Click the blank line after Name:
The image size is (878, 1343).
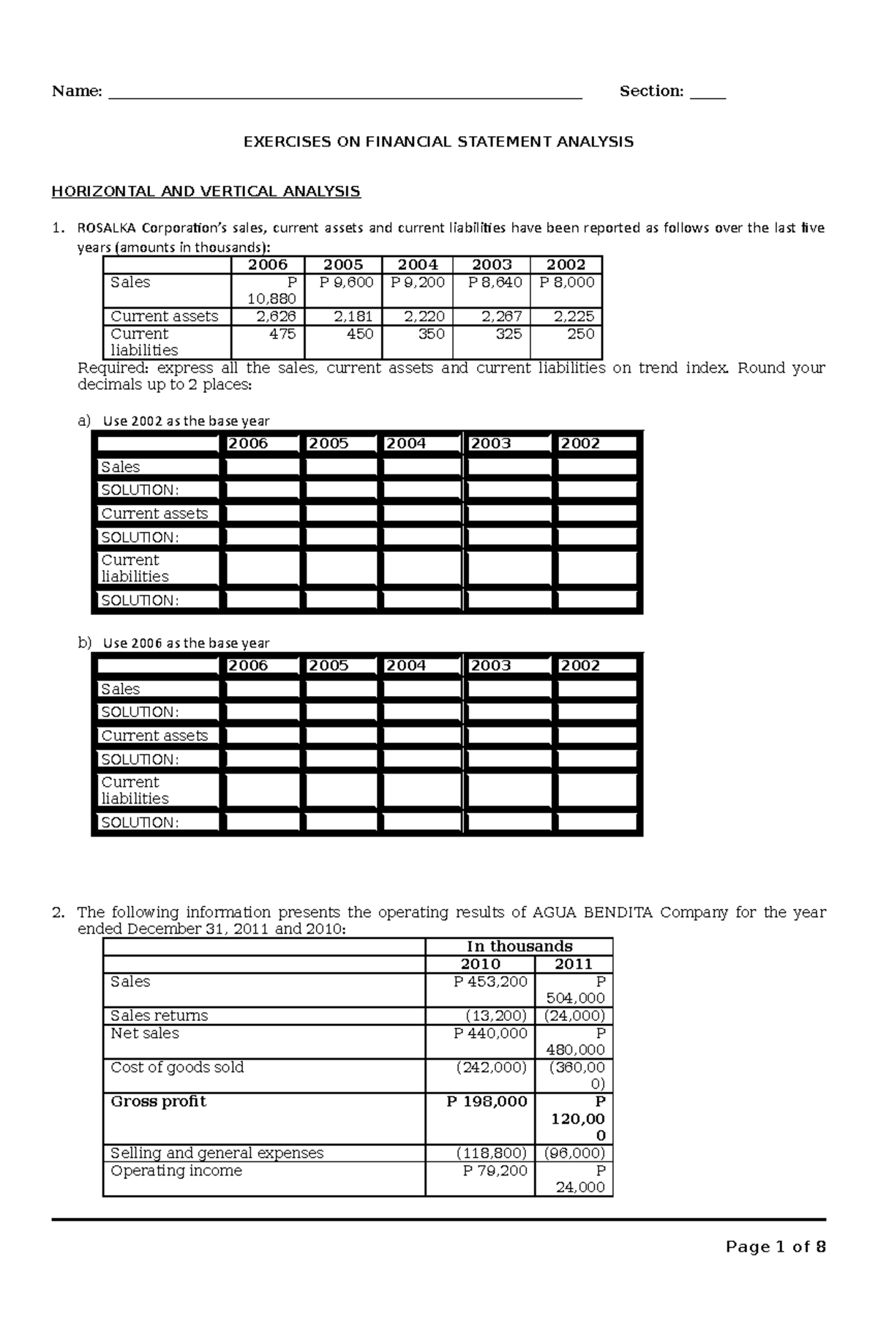coord(344,94)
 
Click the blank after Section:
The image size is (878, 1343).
coord(708,94)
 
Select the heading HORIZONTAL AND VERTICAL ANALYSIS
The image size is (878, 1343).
coord(206,192)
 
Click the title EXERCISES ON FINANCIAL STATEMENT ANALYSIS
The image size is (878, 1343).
coord(438,142)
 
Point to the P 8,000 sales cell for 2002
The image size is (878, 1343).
coord(567,283)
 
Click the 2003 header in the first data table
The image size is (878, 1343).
coord(492,265)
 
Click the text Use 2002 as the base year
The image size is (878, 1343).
coord(186,422)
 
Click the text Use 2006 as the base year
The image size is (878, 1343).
coord(186,643)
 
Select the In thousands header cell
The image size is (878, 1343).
coord(519,946)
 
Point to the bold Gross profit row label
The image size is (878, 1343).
coord(158,1101)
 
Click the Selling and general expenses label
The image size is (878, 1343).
coord(217,1153)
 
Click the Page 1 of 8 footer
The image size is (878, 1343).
coord(775,1247)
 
